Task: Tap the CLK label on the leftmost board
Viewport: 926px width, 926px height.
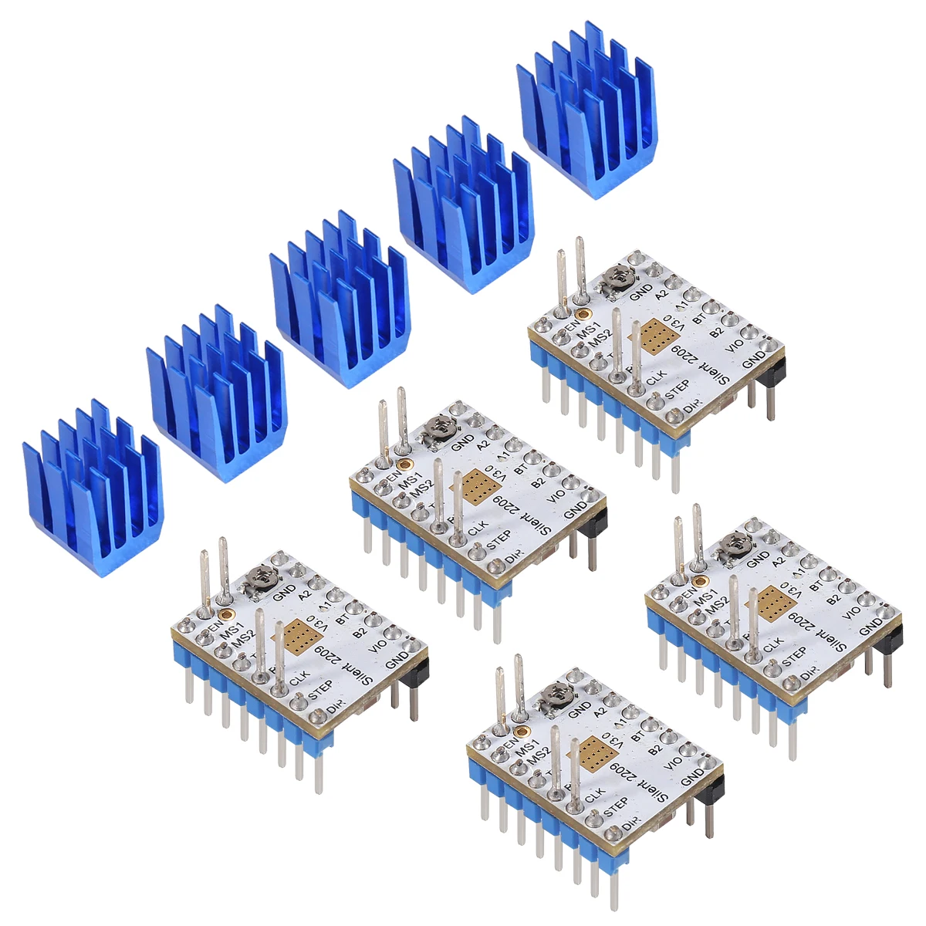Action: coord(299,677)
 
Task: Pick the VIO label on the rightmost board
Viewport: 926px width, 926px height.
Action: coord(852,612)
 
